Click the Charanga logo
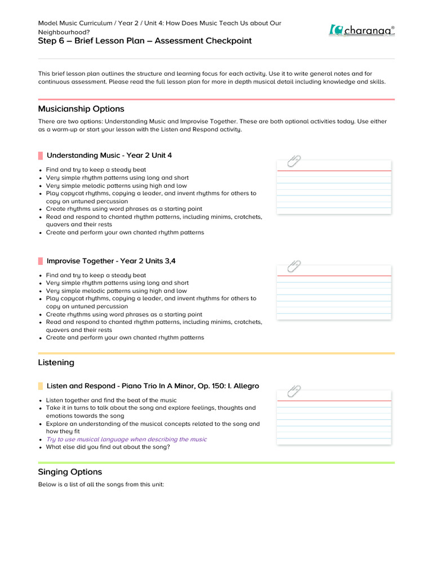pyautogui.click(x=361, y=30)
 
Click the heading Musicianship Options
pyautogui.click(x=81, y=109)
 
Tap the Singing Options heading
pyautogui.click(x=70, y=472)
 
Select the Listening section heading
pyautogui.click(x=56, y=362)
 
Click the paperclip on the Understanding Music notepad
pyautogui.click(x=294, y=161)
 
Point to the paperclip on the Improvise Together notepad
pyautogui.click(x=294, y=267)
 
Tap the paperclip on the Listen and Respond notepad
pyautogui.click(x=294, y=392)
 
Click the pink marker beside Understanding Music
pyautogui.click(x=41, y=156)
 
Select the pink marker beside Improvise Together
pyautogui.click(x=41, y=261)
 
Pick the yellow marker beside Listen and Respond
pyautogui.click(x=41, y=386)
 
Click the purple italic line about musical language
pyautogui.click(x=126, y=439)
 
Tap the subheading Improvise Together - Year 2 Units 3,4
pyautogui.click(x=114, y=261)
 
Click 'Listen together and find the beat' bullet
pyautogui.click(x=111, y=400)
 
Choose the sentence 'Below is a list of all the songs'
pyautogui.click(x=100, y=485)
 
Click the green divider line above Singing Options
pyautogui.click(x=216, y=463)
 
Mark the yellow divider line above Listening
pyautogui.click(x=216, y=353)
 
